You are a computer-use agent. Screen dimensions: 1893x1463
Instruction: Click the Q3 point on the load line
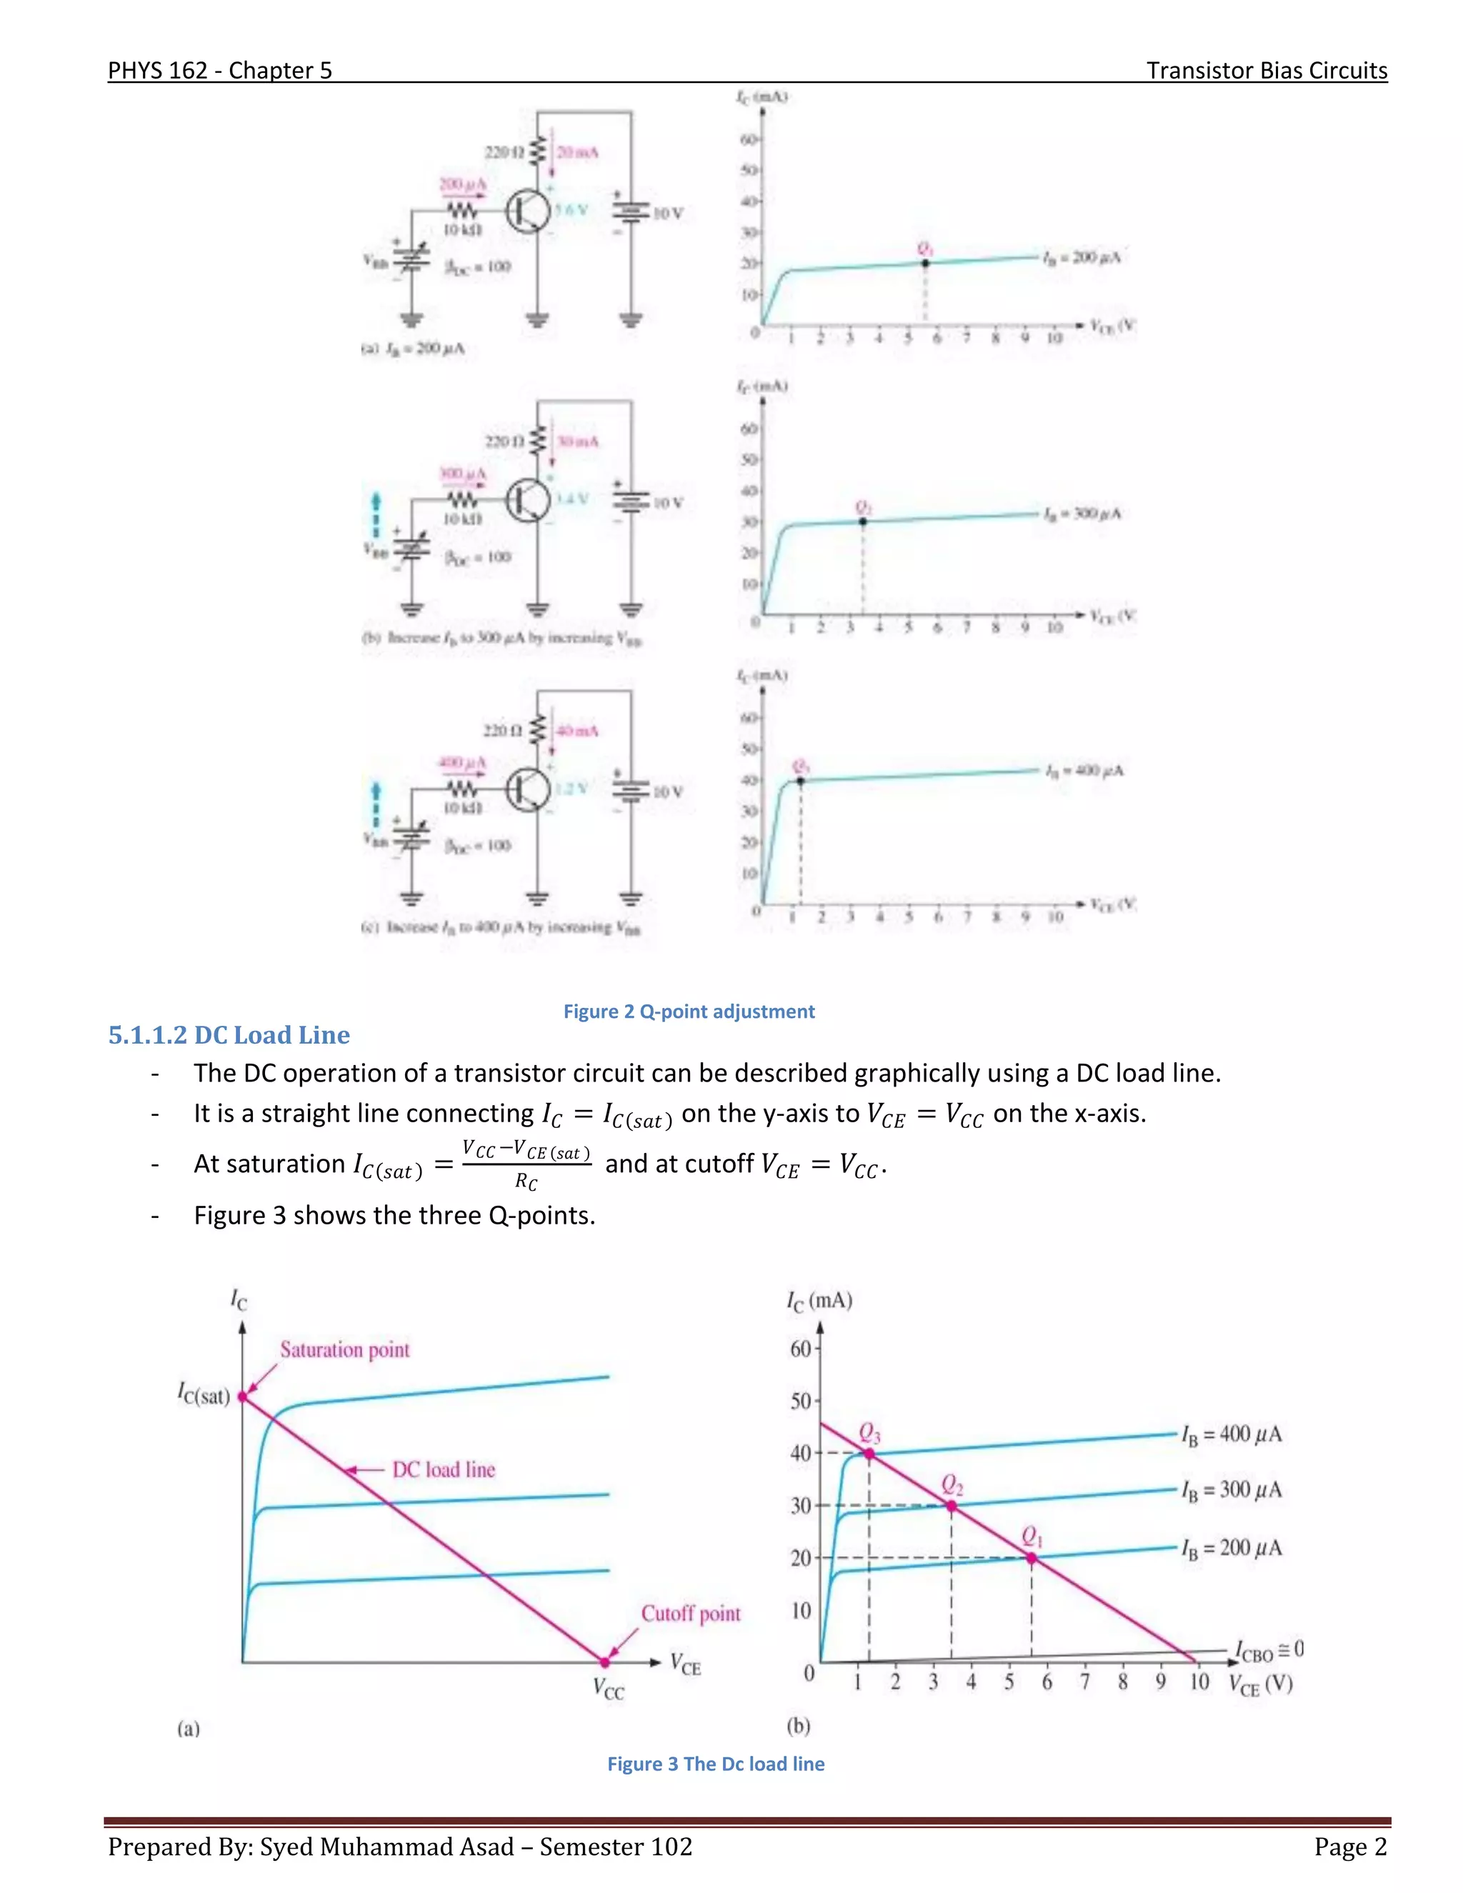tap(869, 1454)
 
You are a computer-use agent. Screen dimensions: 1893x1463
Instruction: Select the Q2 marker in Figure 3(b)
tap(952, 1507)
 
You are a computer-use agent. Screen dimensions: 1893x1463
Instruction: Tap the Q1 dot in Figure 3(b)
tap(1032, 1557)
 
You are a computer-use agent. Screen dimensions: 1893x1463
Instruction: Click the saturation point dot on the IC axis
tap(243, 1397)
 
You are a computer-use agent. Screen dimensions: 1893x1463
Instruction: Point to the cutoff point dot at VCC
tap(605, 1662)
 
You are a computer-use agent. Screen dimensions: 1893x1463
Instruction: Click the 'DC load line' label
tap(443, 1470)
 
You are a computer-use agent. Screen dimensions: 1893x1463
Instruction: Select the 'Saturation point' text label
tap(344, 1349)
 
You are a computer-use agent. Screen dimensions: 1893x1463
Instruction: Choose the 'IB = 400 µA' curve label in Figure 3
tap(1231, 1434)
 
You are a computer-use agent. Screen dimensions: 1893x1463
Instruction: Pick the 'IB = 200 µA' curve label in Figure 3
tap(1231, 1548)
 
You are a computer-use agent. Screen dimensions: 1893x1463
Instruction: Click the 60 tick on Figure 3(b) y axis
tap(801, 1349)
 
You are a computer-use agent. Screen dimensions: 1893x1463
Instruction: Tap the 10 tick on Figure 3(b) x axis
tap(1199, 1682)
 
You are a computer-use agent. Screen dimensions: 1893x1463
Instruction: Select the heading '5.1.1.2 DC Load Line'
tap(229, 1035)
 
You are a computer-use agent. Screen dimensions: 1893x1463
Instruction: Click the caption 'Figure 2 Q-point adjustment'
tap(689, 1012)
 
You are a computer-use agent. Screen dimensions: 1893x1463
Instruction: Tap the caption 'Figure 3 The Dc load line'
tap(716, 1764)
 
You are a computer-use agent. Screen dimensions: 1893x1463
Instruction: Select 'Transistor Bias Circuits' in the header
tap(1267, 70)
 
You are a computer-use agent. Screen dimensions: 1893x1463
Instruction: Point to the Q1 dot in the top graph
tap(926, 263)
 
